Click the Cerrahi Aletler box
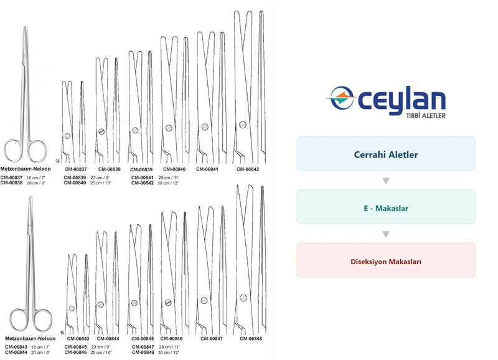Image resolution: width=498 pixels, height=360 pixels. click(x=385, y=153)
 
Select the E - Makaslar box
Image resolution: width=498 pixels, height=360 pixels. click(x=385, y=207)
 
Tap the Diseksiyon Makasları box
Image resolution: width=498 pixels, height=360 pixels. click(x=385, y=260)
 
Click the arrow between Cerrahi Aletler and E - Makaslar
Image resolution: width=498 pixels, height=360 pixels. click(x=386, y=181)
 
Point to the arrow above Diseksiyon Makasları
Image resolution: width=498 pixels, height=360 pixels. click(x=386, y=234)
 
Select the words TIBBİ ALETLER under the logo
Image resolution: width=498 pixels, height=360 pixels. click(x=426, y=116)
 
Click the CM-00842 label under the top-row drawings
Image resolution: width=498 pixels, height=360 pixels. click(x=248, y=169)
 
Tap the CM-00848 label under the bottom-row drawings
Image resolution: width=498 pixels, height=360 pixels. click(x=251, y=338)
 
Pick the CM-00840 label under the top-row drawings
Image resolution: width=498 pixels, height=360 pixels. click(x=174, y=169)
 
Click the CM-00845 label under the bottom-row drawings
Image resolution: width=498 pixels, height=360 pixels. click(x=143, y=338)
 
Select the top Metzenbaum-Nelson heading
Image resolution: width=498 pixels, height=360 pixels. click(x=26, y=169)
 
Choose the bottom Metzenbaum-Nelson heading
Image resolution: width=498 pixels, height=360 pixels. click(x=30, y=338)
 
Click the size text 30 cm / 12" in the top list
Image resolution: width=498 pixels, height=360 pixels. click(x=168, y=183)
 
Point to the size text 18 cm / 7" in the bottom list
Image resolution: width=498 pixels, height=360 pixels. click(x=40, y=347)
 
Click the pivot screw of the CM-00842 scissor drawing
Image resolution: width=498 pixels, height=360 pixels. click(x=243, y=124)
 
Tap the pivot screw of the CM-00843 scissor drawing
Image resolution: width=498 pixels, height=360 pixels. click(x=72, y=308)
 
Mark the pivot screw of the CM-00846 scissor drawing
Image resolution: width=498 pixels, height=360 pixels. click(x=168, y=302)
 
